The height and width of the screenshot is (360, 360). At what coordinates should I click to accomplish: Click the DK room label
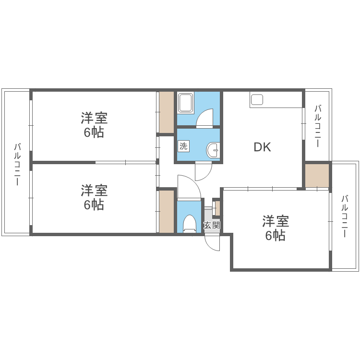point(262,147)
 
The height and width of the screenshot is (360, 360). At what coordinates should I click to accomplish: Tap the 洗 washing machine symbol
point(184,146)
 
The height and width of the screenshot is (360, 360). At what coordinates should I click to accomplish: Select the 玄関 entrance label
point(212,225)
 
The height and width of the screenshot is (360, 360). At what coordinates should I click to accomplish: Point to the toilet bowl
point(190,224)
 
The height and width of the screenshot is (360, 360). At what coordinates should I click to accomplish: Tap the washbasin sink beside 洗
point(213,150)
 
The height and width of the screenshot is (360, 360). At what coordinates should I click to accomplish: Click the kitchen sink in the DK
point(257,100)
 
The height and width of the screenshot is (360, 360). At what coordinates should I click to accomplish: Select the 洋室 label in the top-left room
point(94,118)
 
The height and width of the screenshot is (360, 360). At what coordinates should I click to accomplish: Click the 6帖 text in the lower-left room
point(94,205)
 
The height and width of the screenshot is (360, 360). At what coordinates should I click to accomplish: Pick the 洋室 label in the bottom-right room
point(275,221)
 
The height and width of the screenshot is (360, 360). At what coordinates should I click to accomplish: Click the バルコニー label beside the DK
point(318,126)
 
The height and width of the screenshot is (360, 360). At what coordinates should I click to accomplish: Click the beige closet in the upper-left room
point(167,112)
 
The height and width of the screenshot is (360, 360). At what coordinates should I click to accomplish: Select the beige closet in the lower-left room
point(167,211)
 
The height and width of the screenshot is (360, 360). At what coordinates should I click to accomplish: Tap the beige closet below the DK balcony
point(317,175)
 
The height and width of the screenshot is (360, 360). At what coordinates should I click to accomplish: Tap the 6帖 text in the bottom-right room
point(275,236)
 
